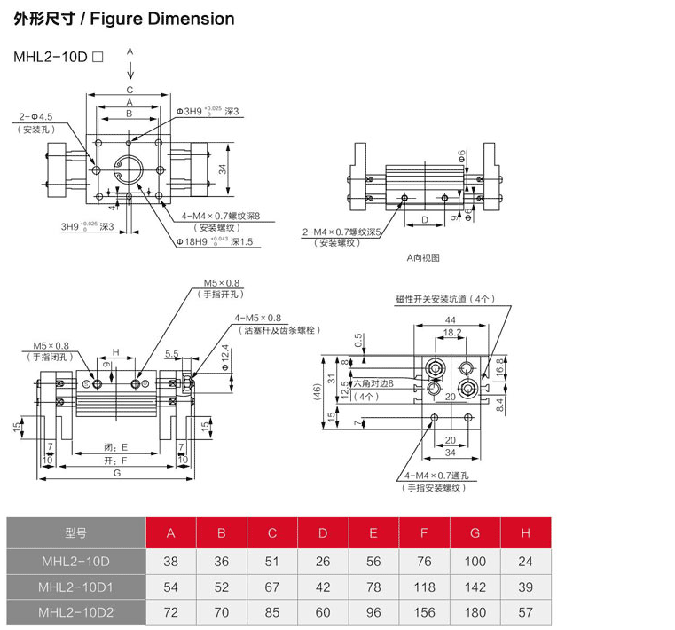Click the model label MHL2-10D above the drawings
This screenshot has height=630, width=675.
(50, 56)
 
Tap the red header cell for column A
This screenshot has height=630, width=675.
(171, 532)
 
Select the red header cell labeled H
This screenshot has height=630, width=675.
(525, 532)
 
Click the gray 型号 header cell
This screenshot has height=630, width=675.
(76, 532)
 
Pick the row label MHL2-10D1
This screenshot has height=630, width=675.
(76, 587)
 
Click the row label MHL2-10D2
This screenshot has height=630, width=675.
(76, 612)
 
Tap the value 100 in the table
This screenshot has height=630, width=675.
(475, 561)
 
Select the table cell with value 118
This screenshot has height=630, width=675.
(424, 587)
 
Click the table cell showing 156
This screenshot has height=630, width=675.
(424, 612)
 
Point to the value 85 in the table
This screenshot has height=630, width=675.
(272, 612)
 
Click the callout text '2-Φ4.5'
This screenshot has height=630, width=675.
(36, 116)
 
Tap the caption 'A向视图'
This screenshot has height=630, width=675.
(423, 258)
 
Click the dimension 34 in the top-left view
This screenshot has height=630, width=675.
(224, 168)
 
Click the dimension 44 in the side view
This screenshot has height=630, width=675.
(451, 319)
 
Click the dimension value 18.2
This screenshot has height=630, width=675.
(451, 333)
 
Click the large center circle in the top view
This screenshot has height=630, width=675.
(130, 166)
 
